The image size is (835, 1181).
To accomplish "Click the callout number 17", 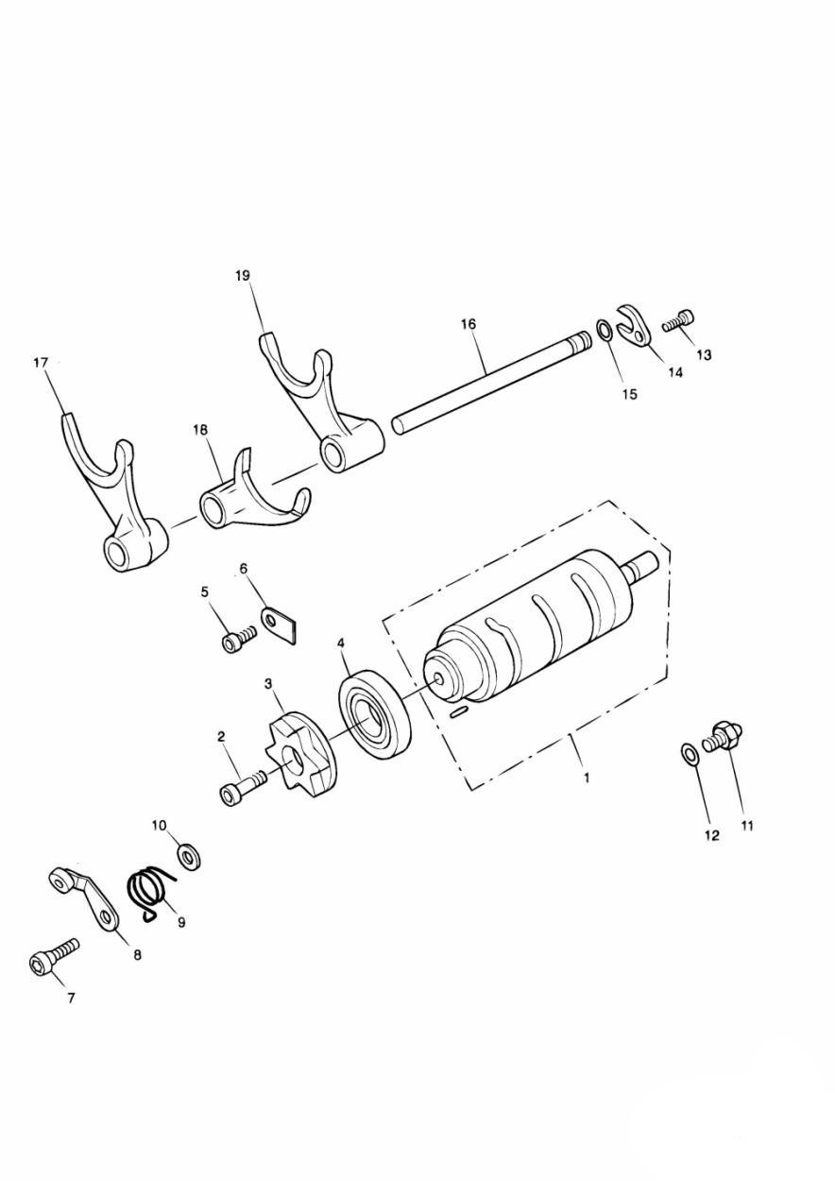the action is click(41, 363).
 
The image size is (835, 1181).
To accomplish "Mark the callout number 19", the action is click(244, 275).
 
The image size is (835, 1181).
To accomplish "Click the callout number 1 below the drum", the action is click(587, 778).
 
